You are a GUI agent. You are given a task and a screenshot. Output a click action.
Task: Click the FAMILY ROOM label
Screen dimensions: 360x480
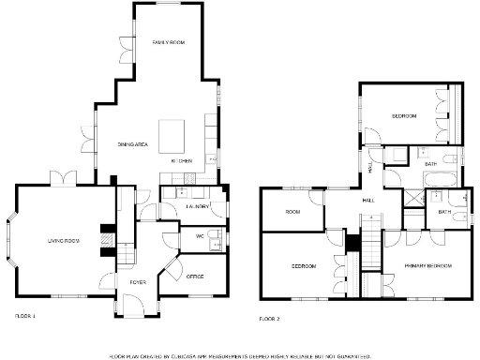[x=169, y=43]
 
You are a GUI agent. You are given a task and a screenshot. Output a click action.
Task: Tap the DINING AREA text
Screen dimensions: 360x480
[x=133, y=144]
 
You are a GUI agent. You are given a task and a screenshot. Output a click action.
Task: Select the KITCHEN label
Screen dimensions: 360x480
[x=182, y=161]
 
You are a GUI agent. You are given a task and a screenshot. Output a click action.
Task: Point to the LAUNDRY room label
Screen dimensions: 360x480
[x=196, y=205]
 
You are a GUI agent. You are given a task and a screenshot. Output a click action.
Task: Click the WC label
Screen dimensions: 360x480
[x=201, y=236]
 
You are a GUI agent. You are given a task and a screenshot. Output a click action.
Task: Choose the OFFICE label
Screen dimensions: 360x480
[x=195, y=277]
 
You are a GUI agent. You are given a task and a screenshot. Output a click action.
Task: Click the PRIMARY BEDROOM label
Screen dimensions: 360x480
[x=427, y=266]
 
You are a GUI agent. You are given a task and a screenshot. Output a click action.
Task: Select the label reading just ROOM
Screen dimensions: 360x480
[x=292, y=212]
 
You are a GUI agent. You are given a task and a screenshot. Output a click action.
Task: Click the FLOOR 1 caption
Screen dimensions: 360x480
[x=25, y=316]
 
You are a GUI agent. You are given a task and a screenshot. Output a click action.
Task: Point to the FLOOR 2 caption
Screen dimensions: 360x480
[x=269, y=319]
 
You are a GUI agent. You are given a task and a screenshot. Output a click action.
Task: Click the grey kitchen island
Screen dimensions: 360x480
[x=172, y=137]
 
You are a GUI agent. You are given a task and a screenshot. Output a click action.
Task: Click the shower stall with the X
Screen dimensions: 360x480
[x=412, y=198]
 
